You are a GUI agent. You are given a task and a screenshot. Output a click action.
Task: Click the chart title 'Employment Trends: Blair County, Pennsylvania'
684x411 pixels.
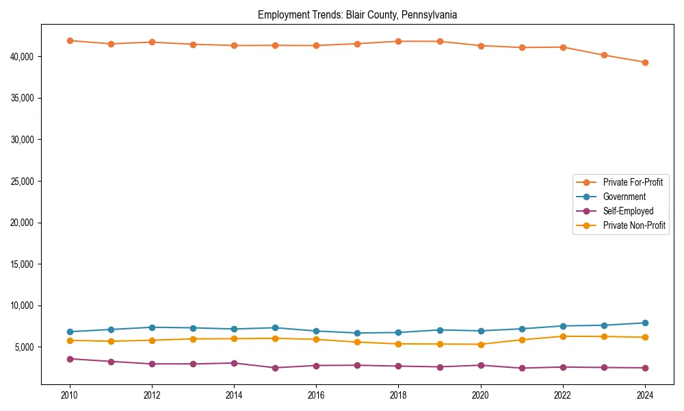357,14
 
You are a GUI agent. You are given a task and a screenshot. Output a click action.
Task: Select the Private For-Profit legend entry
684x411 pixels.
633,182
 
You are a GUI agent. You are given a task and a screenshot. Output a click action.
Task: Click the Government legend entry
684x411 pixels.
624,197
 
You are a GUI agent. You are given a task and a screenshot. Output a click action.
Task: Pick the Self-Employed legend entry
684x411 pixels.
628,211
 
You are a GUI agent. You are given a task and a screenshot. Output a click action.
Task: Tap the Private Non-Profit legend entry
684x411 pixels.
634,225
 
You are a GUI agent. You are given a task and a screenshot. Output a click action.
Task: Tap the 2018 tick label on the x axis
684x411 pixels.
398,395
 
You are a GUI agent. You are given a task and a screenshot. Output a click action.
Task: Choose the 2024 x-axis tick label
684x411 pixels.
645,395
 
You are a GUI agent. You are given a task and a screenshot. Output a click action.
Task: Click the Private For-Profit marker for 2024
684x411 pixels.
645,62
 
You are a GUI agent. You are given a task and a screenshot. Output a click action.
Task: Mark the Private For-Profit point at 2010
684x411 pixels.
70,40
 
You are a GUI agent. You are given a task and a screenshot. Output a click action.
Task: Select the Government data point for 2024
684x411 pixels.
645,323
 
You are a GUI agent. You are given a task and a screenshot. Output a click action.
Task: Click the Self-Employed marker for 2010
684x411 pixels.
70,359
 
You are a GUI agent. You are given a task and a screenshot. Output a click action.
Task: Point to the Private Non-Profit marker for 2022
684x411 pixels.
563,336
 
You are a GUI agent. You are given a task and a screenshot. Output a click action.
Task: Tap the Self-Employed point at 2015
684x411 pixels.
275,368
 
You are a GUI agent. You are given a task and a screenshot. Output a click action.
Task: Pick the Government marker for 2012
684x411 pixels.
152,327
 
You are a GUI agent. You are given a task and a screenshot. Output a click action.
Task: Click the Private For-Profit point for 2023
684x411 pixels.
604,55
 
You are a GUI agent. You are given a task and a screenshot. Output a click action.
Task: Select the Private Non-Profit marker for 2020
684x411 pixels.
481,345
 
